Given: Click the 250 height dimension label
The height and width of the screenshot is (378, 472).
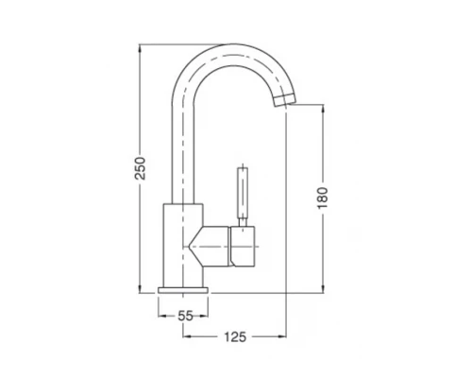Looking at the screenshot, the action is pyautogui.click(x=141, y=168).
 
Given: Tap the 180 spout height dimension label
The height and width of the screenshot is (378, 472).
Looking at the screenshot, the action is pyautogui.click(x=323, y=198).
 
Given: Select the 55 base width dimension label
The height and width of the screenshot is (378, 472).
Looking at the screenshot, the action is pyautogui.click(x=185, y=316).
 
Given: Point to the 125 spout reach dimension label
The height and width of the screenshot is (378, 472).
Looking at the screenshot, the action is pyautogui.click(x=235, y=337).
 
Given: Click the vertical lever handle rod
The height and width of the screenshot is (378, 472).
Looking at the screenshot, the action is pyautogui.click(x=243, y=193).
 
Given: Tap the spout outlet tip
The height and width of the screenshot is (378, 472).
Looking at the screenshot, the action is pyautogui.click(x=285, y=100).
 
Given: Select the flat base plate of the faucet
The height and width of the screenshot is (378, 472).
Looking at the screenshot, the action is pyautogui.click(x=183, y=290).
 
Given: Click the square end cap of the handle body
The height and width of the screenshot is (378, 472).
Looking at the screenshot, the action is pyautogui.click(x=243, y=247).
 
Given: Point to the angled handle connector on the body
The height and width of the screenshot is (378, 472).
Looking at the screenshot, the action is pyautogui.click(x=210, y=247).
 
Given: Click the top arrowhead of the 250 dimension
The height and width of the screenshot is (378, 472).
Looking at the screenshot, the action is pyautogui.click(x=140, y=48).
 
